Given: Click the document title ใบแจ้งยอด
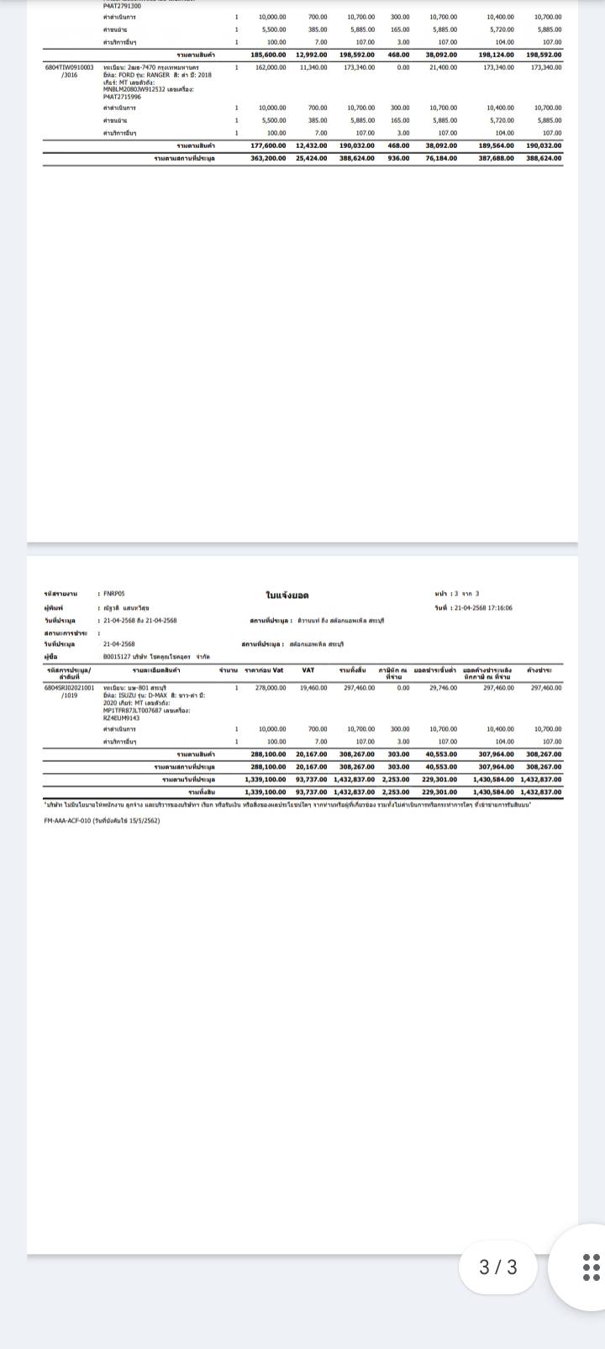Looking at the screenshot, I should [287, 595].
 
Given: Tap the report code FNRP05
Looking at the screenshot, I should [113, 594].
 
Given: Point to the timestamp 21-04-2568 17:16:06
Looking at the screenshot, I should [486, 607].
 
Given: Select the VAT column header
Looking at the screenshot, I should [308, 669].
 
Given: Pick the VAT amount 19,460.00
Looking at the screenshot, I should [314, 688].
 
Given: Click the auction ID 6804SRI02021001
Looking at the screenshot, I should [69, 688].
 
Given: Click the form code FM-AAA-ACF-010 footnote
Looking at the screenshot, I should [101, 820].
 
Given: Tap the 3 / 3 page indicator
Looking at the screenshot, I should [498, 1267].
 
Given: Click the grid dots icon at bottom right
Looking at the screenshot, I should [592, 1267].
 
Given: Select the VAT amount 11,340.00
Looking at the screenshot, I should [314, 67].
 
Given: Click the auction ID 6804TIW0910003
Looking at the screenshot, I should [69, 67].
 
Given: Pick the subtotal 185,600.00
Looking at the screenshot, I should [268, 55].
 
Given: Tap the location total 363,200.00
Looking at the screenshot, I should [268, 157].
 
